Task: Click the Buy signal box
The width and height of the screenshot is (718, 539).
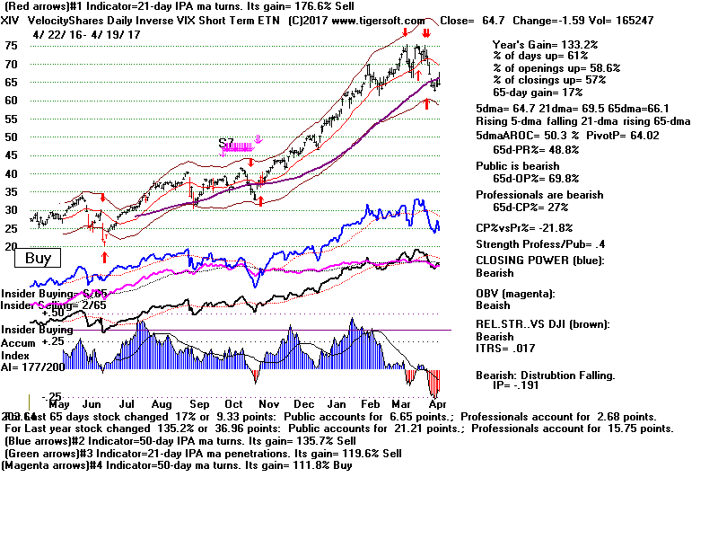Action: click(38, 259)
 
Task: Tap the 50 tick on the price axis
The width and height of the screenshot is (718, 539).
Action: click(11, 137)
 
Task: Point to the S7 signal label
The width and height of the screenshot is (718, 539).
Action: click(227, 143)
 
